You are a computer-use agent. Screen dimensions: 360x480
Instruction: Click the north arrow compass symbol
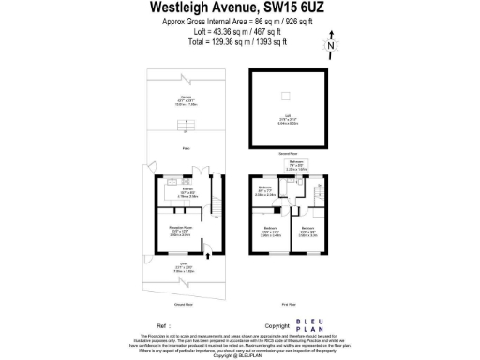(330, 43)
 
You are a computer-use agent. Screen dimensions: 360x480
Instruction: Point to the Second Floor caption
(288, 154)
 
